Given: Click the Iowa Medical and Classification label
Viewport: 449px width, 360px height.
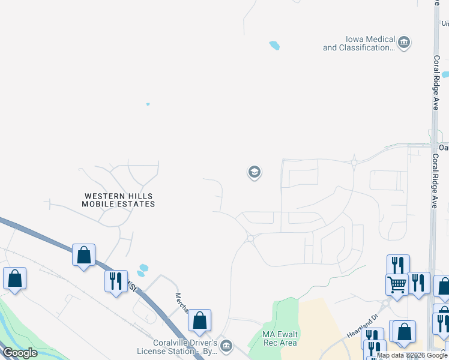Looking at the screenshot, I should coord(359,43).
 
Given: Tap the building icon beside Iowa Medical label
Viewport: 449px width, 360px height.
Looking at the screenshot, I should coord(404,42).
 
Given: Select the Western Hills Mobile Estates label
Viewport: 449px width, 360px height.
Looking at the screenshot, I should coord(118,200).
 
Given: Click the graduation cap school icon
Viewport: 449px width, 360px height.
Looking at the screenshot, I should coord(254,173).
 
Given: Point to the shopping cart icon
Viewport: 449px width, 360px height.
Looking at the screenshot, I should coord(397,284).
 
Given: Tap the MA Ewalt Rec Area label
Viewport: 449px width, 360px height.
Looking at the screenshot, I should coord(280,338).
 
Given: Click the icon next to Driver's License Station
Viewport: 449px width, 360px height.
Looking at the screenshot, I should coord(226,345).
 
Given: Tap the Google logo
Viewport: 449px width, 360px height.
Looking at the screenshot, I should coord(20,353).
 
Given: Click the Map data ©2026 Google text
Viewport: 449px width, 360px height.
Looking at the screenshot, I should coord(412,355).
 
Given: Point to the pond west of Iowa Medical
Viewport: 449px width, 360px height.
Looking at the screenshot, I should coord(274,45).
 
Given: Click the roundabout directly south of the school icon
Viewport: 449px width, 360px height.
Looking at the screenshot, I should coord(250,238).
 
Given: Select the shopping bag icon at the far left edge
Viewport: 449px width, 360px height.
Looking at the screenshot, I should coord(14,279).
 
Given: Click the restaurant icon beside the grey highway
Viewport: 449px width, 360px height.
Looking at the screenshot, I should coord(116,280).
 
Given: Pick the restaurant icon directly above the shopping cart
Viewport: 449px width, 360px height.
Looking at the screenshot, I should coord(399,265).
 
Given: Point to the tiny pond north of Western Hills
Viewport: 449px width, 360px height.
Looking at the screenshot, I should coord(148,104).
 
